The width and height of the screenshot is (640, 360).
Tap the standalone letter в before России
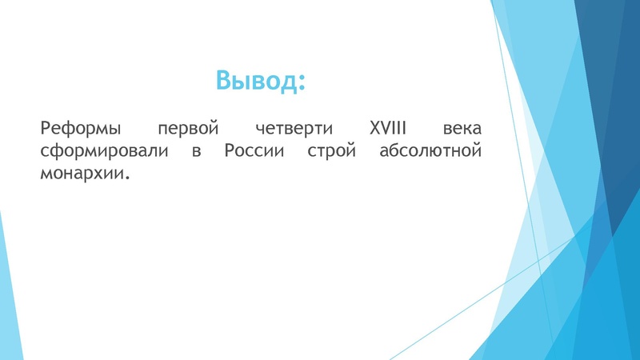[196, 153]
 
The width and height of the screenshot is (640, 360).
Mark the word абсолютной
[430, 152]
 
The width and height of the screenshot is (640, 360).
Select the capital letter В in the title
[224, 80]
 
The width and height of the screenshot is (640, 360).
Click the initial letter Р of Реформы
[44, 128]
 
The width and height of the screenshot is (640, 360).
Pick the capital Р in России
[228, 151]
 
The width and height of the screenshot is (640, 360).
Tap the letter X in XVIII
[374, 128]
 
